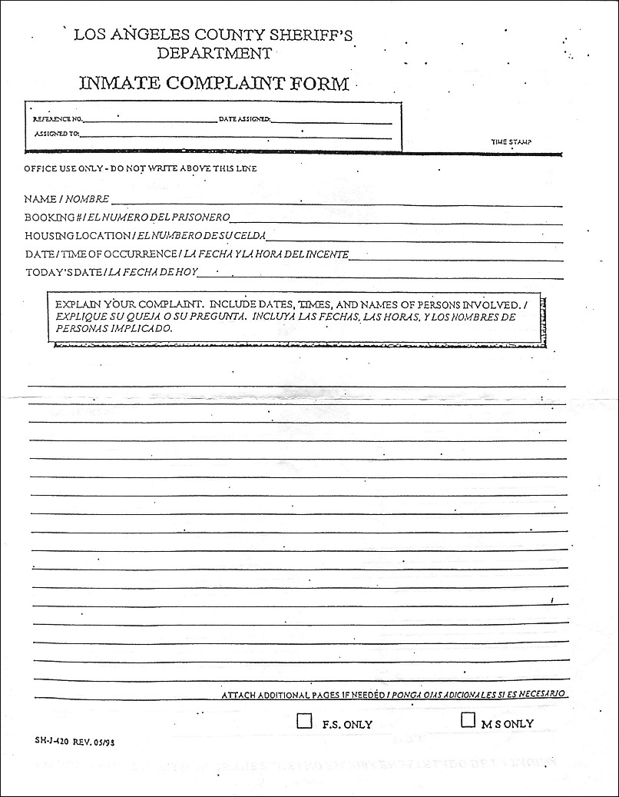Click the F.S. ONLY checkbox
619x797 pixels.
click(x=304, y=721)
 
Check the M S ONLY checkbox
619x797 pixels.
click(x=468, y=720)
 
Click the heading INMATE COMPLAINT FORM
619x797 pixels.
click(x=214, y=83)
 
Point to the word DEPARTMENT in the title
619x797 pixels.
click(x=214, y=53)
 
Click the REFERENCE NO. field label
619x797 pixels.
click(x=57, y=120)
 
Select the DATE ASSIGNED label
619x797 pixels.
click(x=244, y=120)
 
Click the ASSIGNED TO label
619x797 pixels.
click(x=56, y=134)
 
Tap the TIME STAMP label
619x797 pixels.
click(x=511, y=142)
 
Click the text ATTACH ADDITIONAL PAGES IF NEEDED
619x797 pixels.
click(x=303, y=695)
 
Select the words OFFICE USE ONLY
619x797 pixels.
click(x=62, y=168)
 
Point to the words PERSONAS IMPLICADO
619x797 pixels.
click(x=114, y=327)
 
